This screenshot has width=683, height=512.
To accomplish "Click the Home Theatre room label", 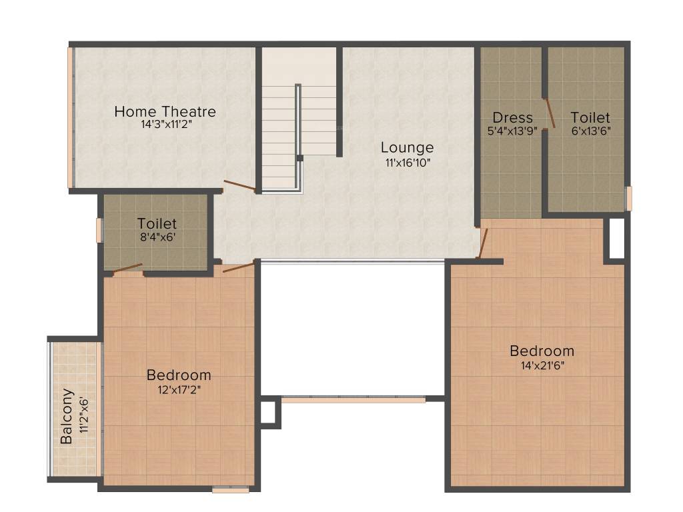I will (165, 111).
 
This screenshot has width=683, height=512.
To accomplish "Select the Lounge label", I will (407, 147).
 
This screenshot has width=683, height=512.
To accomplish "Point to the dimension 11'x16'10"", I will (407, 161).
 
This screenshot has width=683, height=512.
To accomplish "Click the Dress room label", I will (512, 118).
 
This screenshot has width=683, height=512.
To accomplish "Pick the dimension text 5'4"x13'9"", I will (512, 131).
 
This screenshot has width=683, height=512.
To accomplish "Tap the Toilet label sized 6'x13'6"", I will (590, 118).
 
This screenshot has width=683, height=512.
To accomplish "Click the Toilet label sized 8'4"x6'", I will (157, 223).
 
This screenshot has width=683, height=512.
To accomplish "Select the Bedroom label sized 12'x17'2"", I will (179, 375).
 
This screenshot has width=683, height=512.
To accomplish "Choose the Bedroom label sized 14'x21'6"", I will (542, 351).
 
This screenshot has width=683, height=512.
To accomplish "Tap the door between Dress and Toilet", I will (549, 112).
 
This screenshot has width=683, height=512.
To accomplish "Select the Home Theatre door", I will (239, 185).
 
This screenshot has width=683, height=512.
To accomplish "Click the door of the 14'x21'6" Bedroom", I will (483, 243).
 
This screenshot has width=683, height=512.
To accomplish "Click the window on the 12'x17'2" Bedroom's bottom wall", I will (230, 490).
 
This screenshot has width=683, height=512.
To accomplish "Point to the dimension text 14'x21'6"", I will (542, 365).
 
